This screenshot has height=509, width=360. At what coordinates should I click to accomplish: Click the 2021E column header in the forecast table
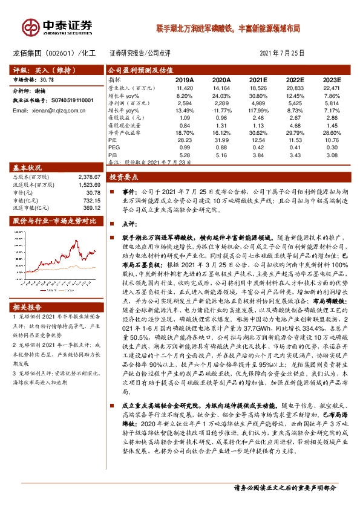click(257, 80)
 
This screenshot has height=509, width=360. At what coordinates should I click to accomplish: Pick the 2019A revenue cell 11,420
click(184, 88)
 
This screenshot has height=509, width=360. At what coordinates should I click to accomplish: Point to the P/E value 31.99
click(221, 139)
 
